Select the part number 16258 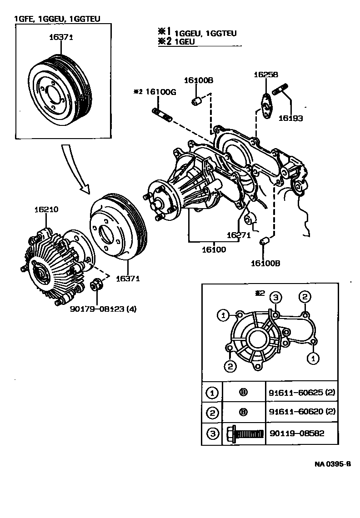[x=266, y=75]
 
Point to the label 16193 [x=291, y=118]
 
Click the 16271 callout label [x=239, y=235]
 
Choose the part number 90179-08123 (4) [x=103, y=309]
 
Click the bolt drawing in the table [x=245, y=433]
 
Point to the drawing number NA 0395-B [x=333, y=464]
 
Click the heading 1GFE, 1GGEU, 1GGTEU [x=57, y=19]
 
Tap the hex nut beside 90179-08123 [x=96, y=285]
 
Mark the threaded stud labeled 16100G [x=161, y=114]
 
